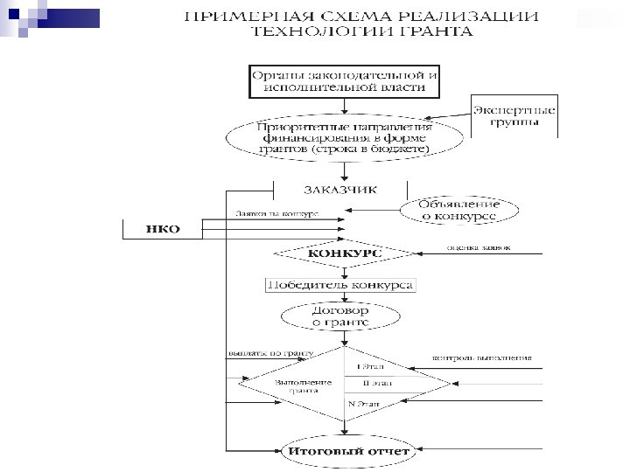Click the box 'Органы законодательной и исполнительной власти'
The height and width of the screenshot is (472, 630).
(x=345, y=80)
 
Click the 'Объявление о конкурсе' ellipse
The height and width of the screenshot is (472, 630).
(x=460, y=210)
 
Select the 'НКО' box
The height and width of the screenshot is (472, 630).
(x=162, y=229)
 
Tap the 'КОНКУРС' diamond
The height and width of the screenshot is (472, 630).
(x=344, y=253)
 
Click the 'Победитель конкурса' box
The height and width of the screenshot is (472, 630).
(x=340, y=285)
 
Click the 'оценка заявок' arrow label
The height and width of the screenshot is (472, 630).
(x=479, y=248)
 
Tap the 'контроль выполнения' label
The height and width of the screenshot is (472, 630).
(x=482, y=358)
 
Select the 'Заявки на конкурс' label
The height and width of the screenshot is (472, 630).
(x=276, y=213)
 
